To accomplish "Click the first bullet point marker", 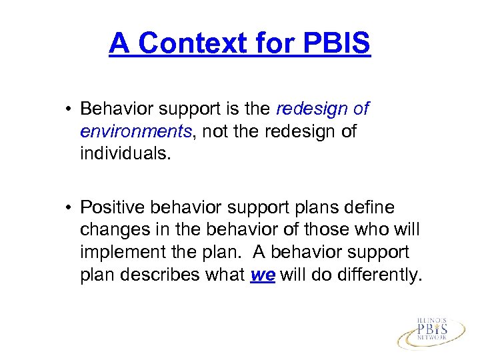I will [x=69, y=109].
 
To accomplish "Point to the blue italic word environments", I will [x=135, y=131].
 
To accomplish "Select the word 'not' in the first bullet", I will [x=215, y=131].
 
